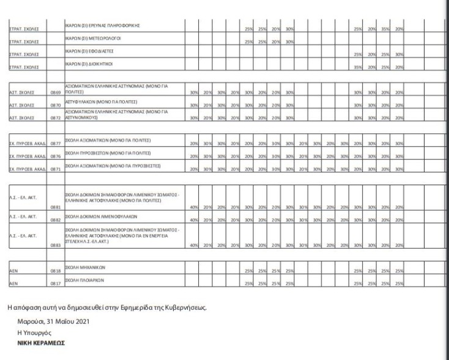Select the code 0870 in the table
point(55,105)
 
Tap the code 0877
point(55,142)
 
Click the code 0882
point(55,220)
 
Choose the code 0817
point(55,283)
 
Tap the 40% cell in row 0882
point(193,220)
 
